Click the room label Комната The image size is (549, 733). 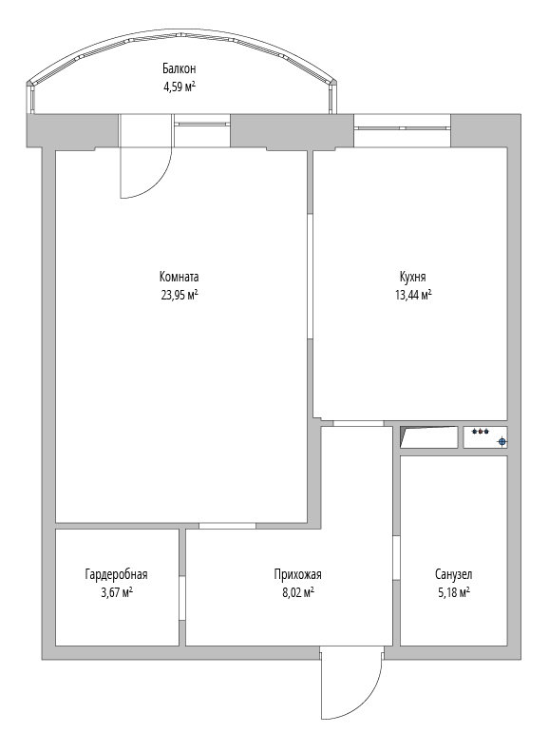pos(179,277)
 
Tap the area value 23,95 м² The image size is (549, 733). pos(180,295)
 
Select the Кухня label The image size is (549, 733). pos(412,277)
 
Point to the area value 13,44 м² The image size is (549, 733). pos(413,295)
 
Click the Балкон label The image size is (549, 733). pos(179,68)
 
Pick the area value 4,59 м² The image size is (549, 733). pos(179,87)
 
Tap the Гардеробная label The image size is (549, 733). pos(116,574)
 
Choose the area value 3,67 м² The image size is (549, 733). pos(116,592)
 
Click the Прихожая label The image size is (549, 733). pos(297,574)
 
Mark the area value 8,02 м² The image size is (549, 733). pos(297,592)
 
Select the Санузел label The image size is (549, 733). pos(454,574)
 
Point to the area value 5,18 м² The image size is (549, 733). pos(454,592)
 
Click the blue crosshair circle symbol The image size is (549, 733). pos(502,441)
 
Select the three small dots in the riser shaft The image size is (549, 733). pos(480,431)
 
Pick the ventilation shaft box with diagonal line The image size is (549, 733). pos(429,436)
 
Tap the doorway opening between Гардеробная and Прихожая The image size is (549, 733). pos(182,597)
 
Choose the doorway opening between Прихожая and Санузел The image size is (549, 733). pos(396,558)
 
